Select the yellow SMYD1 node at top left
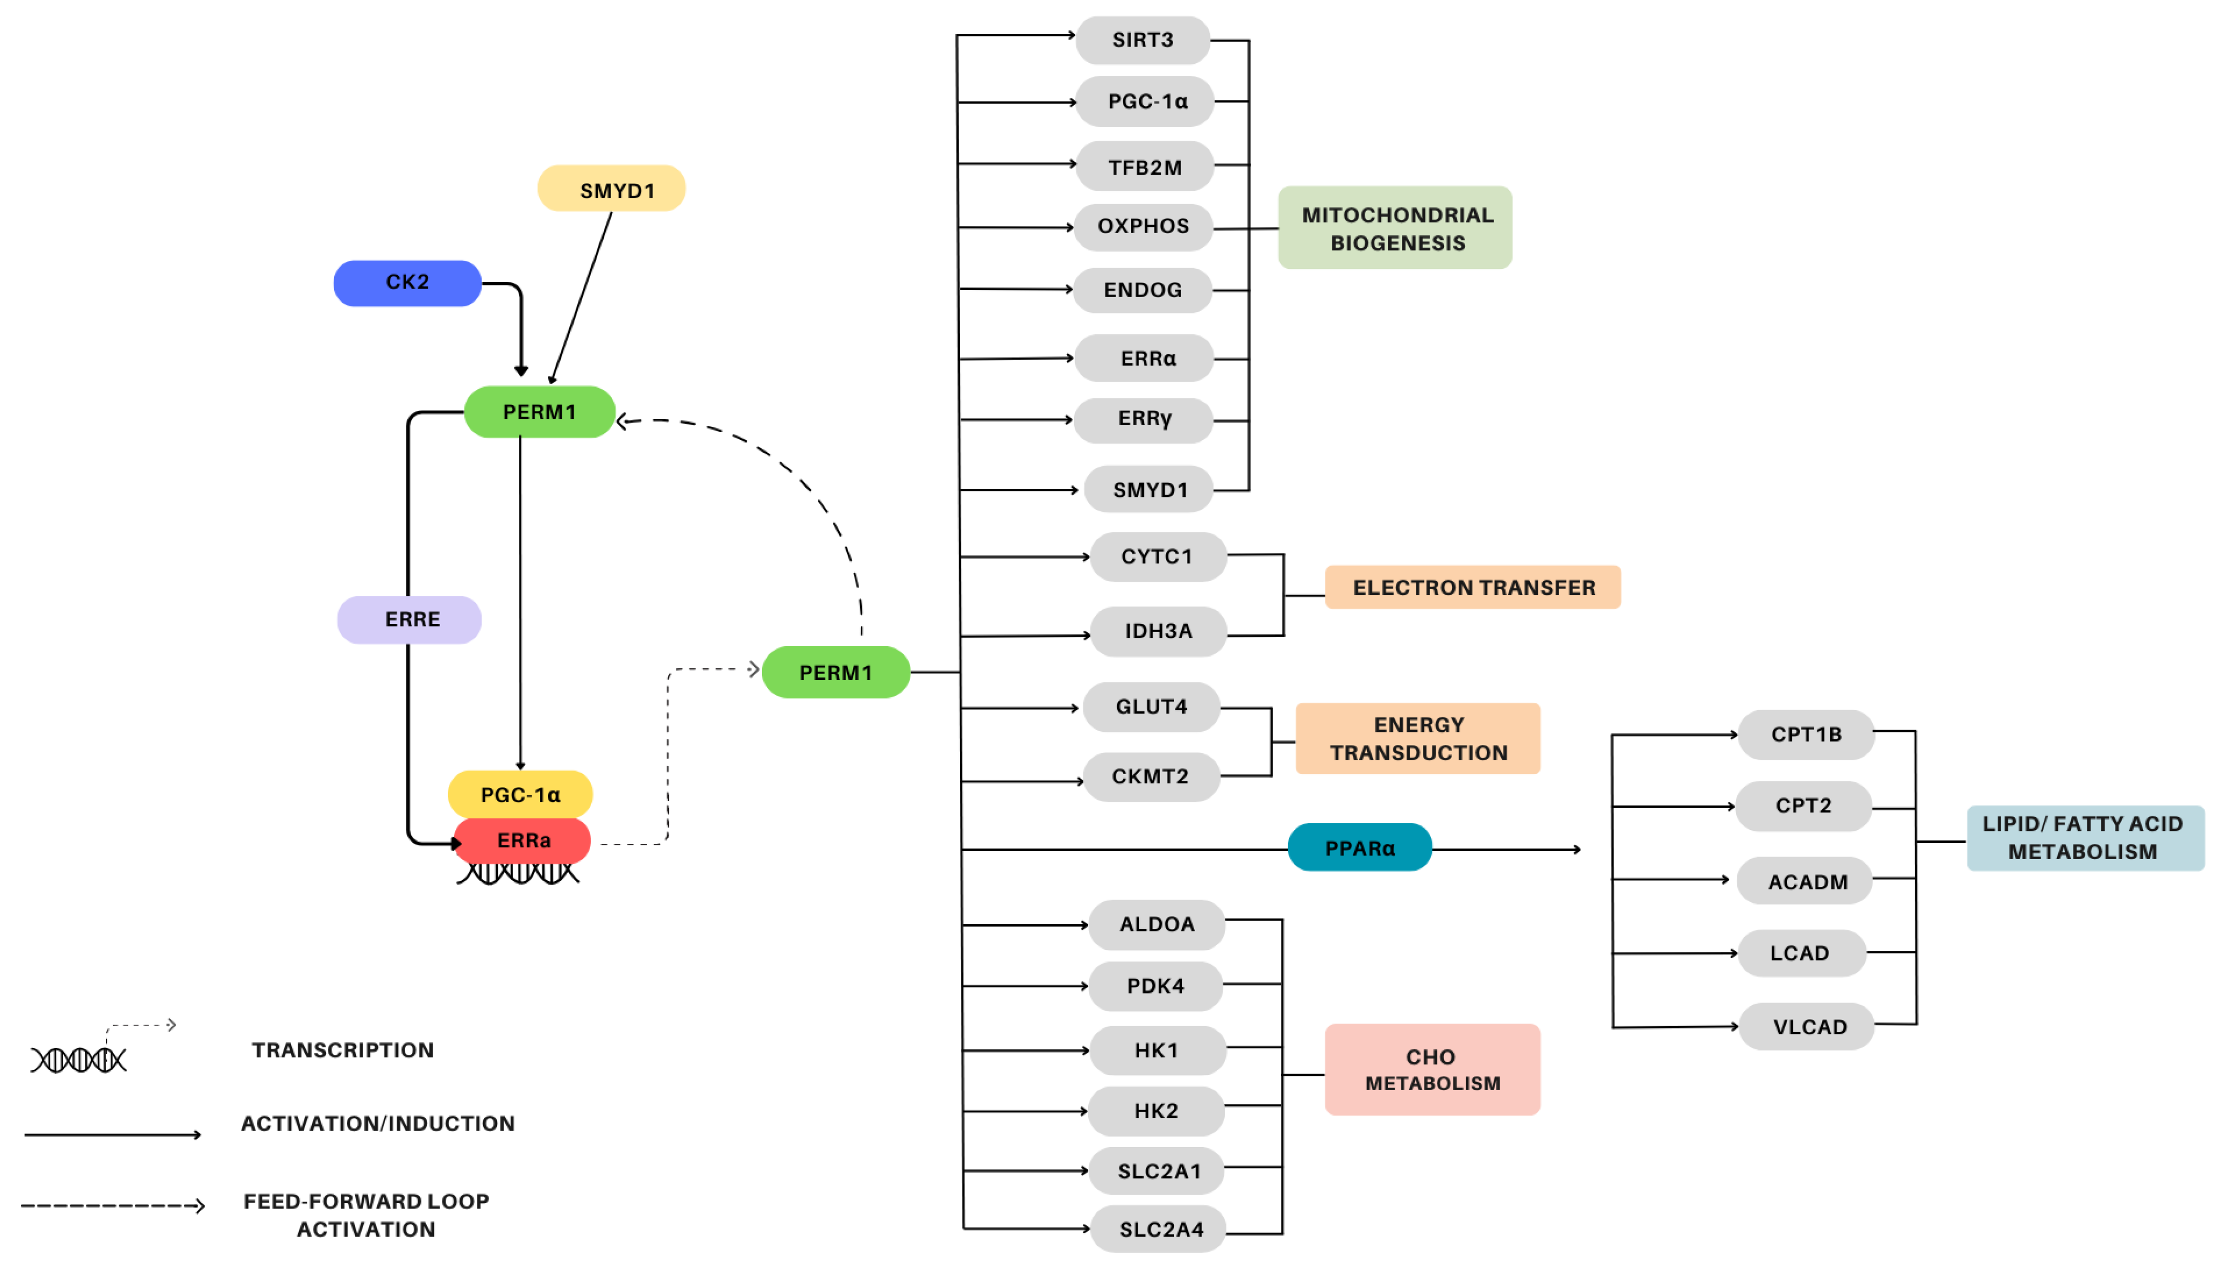coord(612,189)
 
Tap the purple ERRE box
coord(410,620)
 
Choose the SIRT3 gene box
coord(1142,40)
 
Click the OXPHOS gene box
coord(1142,226)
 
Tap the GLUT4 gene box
coord(1150,707)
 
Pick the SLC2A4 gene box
coord(1160,1229)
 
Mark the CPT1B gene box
coord(1806,735)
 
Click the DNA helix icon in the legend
coord(78,1060)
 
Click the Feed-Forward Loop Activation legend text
coord(366,1214)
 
